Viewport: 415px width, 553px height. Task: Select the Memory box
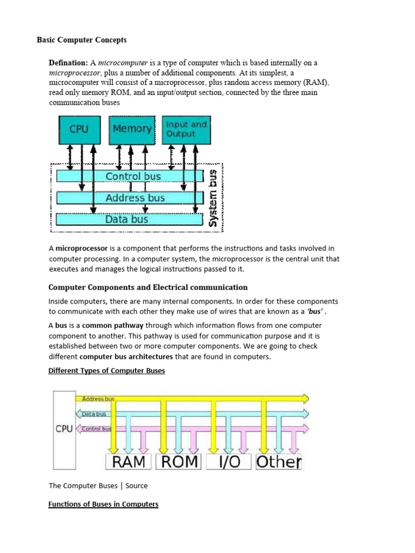(x=131, y=129)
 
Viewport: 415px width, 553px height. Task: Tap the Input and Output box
(x=185, y=129)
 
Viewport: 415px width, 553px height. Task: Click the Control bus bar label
(x=134, y=176)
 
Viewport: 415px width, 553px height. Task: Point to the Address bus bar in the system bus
(x=135, y=198)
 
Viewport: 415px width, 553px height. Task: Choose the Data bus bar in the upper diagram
(x=126, y=219)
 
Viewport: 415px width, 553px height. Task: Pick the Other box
(x=278, y=462)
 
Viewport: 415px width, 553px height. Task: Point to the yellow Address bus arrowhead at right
(x=305, y=399)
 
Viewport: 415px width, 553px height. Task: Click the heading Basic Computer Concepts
(x=82, y=40)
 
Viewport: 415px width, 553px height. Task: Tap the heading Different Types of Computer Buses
(x=106, y=371)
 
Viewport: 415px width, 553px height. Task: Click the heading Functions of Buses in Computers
(x=103, y=504)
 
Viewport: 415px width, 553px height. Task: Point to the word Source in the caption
(x=136, y=485)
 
